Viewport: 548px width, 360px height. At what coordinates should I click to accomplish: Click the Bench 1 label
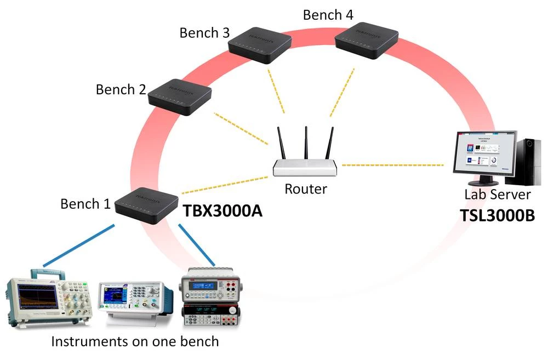[x=85, y=204]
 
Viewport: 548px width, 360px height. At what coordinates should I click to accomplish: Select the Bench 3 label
[x=204, y=33]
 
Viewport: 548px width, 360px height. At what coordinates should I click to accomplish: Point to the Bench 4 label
[x=328, y=15]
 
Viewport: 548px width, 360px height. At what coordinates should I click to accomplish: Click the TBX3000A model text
[x=221, y=210]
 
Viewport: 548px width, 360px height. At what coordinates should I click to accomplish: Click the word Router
[x=305, y=189]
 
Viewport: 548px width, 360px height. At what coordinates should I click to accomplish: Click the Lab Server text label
[x=497, y=195]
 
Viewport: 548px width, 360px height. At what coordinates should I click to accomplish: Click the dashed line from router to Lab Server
[x=392, y=164]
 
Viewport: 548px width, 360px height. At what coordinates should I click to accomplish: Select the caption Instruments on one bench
[x=135, y=342]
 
